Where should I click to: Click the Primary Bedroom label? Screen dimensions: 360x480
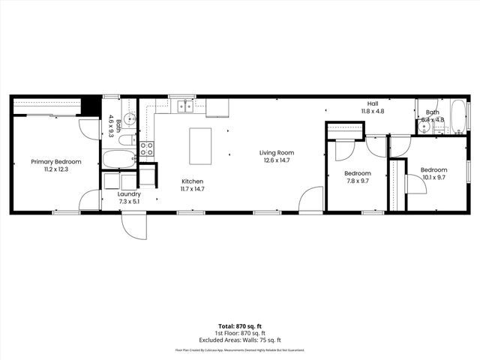click(56, 161)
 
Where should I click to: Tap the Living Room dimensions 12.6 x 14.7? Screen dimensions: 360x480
click(276, 160)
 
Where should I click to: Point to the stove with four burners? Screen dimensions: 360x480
click(147, 148)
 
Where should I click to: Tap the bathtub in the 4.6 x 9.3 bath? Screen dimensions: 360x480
click(118, 159)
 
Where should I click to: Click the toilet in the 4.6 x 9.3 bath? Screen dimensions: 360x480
click(127, 139)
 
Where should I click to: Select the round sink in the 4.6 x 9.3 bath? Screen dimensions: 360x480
click(129, 118)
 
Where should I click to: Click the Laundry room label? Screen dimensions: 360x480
click(129, 193)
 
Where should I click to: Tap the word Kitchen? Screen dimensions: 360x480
click(192, 181)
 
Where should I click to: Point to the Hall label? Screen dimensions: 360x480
click(373, 103)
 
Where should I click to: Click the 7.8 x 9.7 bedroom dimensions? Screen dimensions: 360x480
click(358, 181)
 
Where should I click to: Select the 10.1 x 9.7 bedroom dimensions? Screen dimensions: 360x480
click(433, 178)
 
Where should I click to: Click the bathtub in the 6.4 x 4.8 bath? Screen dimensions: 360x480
click(457, 117)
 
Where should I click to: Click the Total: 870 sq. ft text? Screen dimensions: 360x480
click(240, 326)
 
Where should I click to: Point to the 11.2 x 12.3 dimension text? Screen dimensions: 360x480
click(56, 169)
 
